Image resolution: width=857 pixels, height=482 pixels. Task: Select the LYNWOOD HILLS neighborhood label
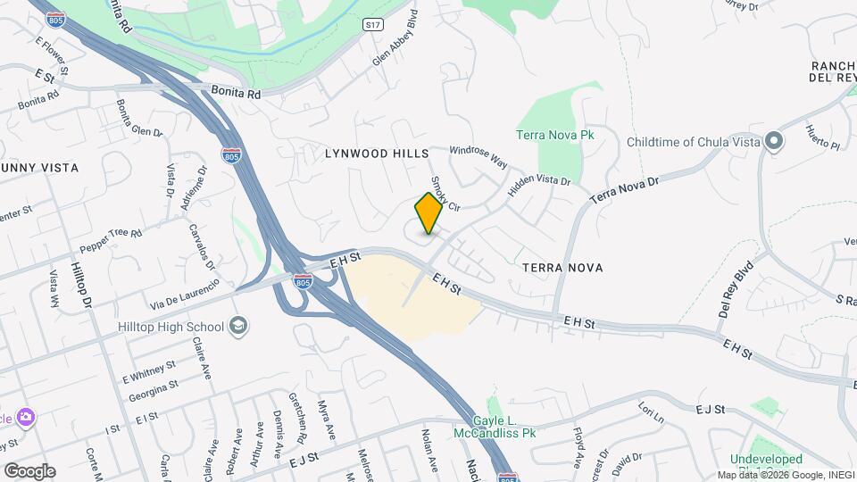point(377,154)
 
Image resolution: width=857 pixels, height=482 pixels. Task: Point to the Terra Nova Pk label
point(555,135)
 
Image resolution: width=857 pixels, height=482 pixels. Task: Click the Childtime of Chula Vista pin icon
point(774,142)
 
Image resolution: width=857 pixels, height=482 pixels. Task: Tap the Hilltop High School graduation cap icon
point(237,326)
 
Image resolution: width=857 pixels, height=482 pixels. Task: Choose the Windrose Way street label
point(478,157)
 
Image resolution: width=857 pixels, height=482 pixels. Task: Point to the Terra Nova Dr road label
point(624,188)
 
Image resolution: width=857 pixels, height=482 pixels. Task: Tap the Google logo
point(29,470)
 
